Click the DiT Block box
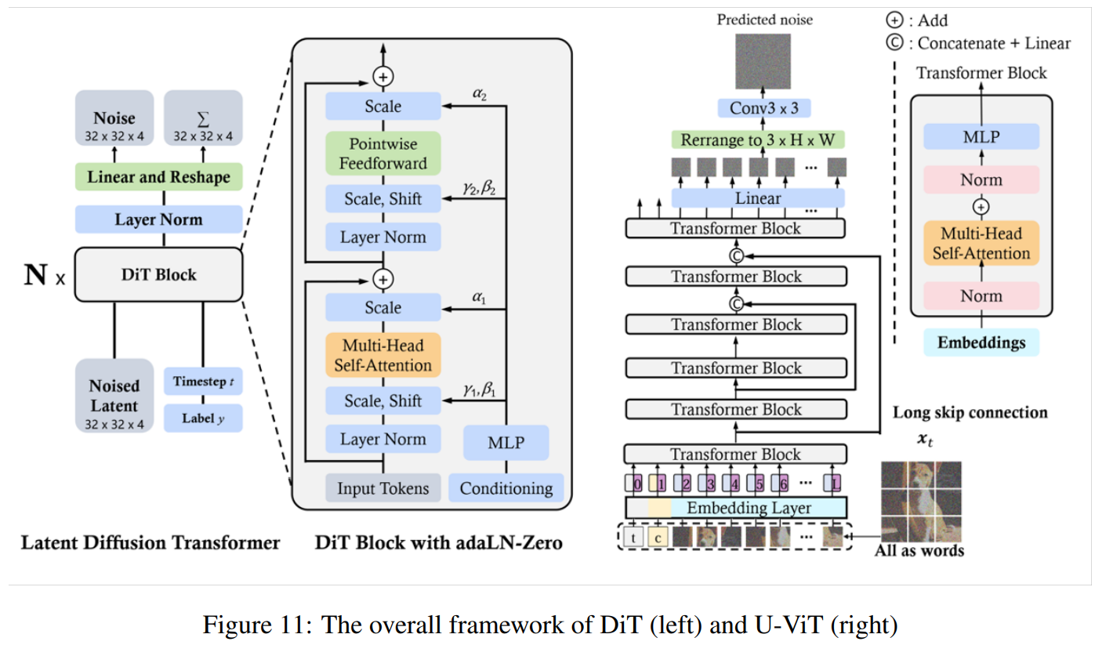pyautogui.click(x=158, y=274)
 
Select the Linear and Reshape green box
pyautogui.click(x=158, y=177)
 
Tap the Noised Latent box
pyautogui.click(x=114, y=395)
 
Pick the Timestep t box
pyautogui.click(x=203, y=383)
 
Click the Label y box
pyautogui.click(x=203, y=418)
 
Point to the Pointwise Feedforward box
pyautogui.click(x=383, y=154)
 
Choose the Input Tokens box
pyautogui.click(x=383, y=488)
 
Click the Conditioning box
pyautogui.click(x=506, y=488)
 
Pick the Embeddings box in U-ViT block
pyautogui.click(x=981, y=342)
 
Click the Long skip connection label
pyautogui.click(x=970, y=412)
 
